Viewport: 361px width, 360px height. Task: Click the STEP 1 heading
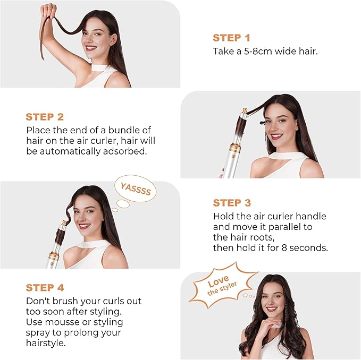click(231, 38)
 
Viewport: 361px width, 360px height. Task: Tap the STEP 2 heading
click(45, 117)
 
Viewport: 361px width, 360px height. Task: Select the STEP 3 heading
click(231, 203)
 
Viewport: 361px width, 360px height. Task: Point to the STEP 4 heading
click(45, 288)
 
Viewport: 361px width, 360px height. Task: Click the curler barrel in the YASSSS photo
click(57, 234)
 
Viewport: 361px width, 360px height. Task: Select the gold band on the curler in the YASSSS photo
click(54, 256)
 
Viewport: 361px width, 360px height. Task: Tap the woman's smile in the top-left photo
click(90, 48)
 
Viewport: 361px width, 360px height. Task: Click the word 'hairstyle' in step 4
click(46, 344)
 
